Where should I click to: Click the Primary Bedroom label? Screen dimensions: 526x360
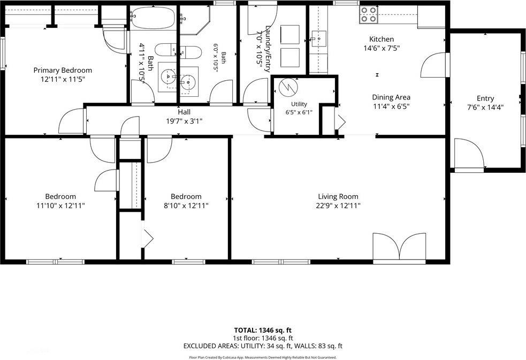pyautogui.click(x=63, y=71)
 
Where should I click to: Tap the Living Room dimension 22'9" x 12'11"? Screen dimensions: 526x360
pyautogui.click(x=338, y=205)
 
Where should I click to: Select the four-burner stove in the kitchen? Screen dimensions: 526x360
pyautogui.click(x=368, y=15)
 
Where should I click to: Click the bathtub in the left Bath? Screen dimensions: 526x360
pyautogui.click(x=153, y=17)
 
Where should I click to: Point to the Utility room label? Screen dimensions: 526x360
pyautogui.click(x=299, y=104)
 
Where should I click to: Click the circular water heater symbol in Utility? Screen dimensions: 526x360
pyautogui.click(x=288, y=87)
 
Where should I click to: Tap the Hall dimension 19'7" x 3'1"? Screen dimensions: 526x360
pyautogui.click(x=184, y=121)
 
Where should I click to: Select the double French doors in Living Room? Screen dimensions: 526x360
pyautogui.click(x=400, y=247)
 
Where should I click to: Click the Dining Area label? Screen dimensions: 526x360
pyautogui.click(x=391, y=97)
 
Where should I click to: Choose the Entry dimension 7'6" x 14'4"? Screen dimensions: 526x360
pyautogui.click(x=485, y=108)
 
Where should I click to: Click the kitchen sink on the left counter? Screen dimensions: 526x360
pyautogui.click(x=319, y=39)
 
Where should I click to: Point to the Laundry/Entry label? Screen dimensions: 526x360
pyautogui.click(x=268, y=49)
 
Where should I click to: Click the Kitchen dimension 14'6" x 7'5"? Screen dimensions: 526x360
pyautogui.click(x=382, y=48)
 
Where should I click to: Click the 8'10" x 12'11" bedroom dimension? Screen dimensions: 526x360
pyautogui.click(x=186, y=205)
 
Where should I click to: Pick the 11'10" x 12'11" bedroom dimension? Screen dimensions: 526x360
pyautogui.click(x=60, y=205)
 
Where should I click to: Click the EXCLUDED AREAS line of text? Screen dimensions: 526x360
pyautogui.click(x=263, y=346)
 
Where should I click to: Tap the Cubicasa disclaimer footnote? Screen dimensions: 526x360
pyautogui.click(x=263, y=357)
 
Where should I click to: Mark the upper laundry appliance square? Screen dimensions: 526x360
pyautogui.click(x=289, y=34)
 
